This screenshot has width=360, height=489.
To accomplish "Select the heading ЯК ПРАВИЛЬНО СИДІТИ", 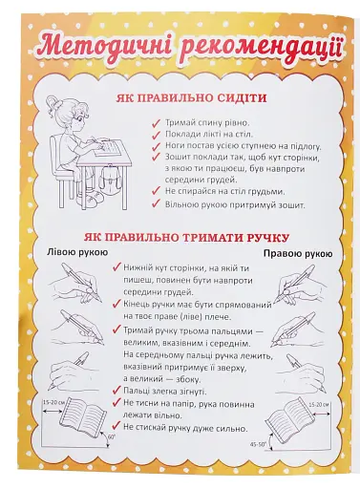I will click(185, 99).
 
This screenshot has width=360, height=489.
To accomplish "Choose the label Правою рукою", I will click(297, 252).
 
